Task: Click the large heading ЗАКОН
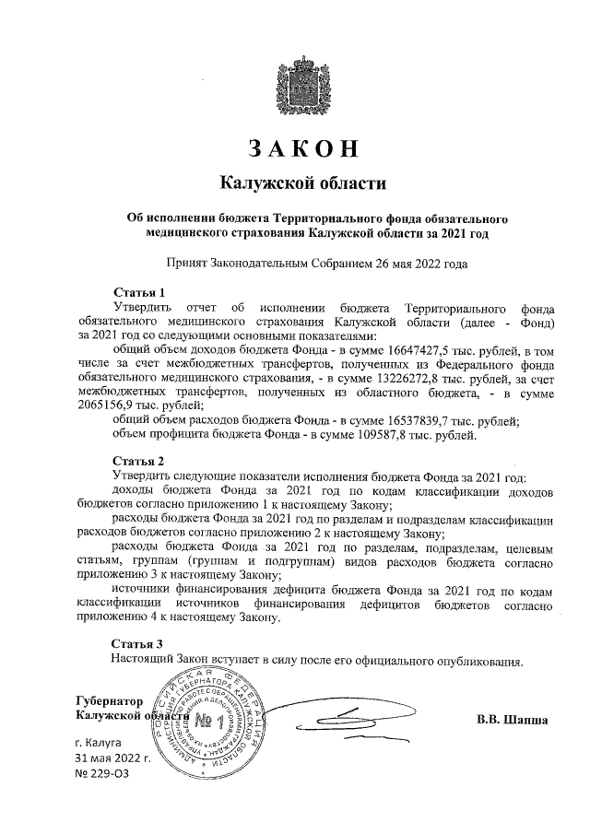coord(302,149)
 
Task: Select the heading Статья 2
coord(138,461)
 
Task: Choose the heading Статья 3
coord(138,643)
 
